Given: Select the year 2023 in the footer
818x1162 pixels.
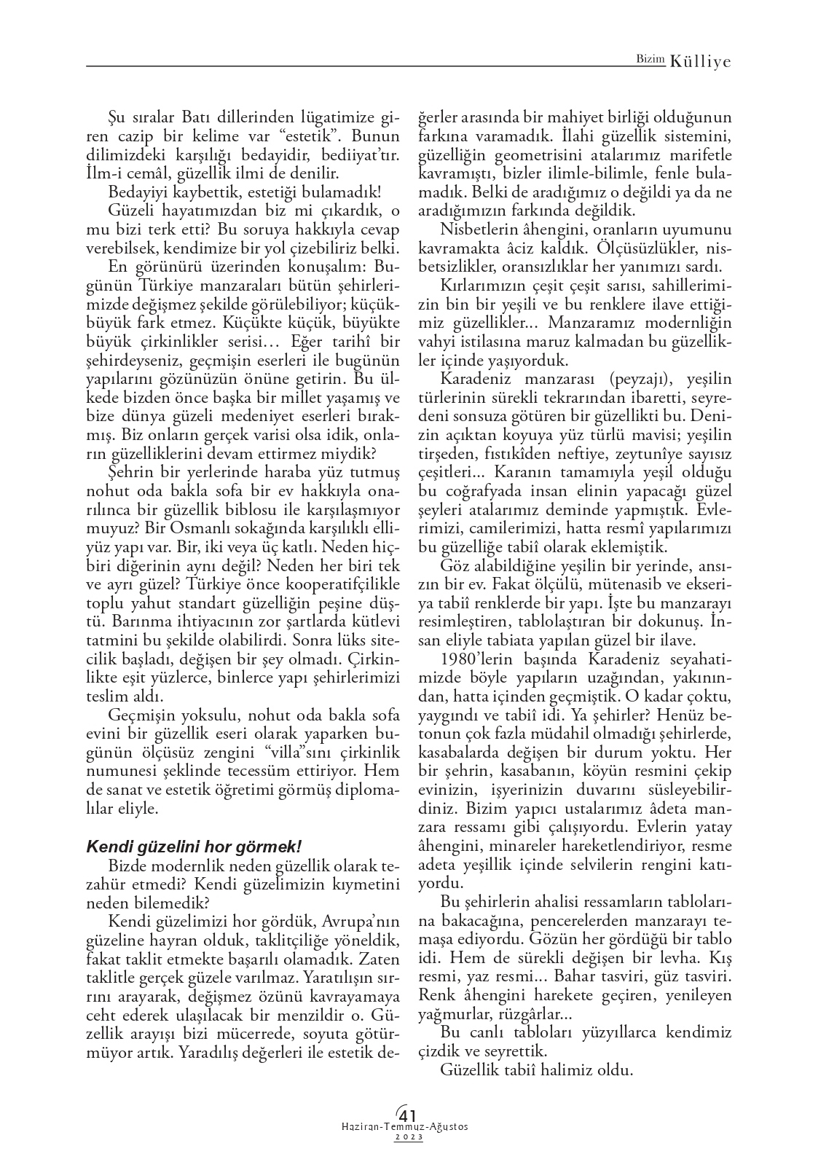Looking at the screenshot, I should pos(409,1138).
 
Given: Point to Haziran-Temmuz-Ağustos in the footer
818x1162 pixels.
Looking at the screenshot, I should pos(405,1127).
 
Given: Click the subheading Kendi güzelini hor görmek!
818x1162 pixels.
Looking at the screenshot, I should pos(194,847).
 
